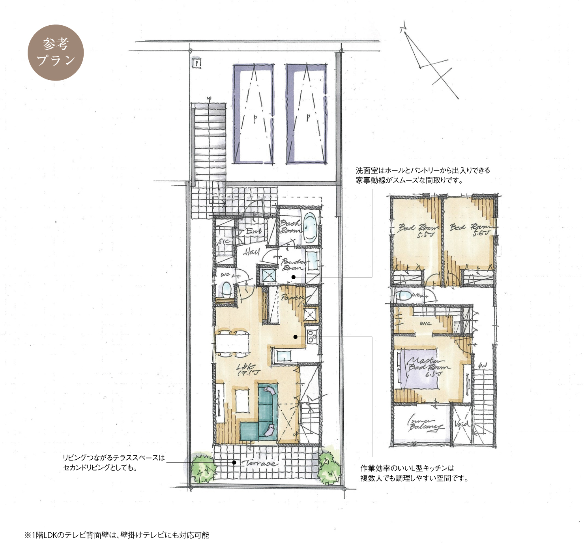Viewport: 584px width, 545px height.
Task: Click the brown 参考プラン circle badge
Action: [x=56, y=53]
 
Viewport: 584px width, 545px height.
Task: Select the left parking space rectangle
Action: [x=253, y=114]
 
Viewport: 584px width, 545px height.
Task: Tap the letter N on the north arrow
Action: [x=403, y=29]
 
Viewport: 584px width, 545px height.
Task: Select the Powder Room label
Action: [x=293, y=264]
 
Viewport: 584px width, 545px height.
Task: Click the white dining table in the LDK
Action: [x=233, y=343]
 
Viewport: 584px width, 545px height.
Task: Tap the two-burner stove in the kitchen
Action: [x=312, y=336]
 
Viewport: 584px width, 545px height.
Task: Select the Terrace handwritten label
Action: [x=260, y=463]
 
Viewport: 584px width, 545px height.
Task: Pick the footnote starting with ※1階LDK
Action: [x=117, y=535]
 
